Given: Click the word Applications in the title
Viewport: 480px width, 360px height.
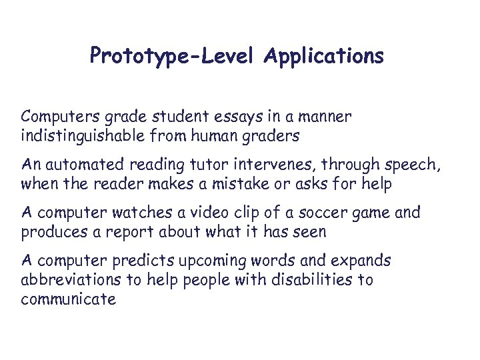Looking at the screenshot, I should [x=323, y=56].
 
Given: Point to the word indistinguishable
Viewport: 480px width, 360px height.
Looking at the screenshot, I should [x=87, y=136].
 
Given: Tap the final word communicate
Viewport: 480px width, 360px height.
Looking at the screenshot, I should [x=69, y=299].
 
